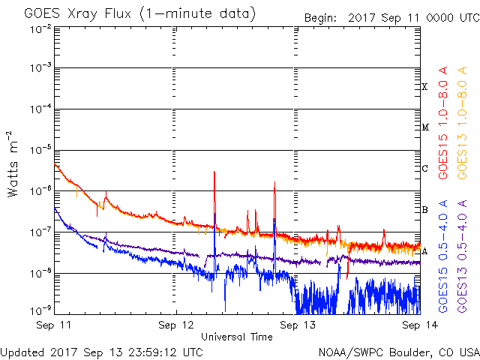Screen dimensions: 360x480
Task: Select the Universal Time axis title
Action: [236, 337]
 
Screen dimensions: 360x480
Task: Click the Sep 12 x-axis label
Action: [176, 325]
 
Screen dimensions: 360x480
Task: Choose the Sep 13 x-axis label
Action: [298, 325]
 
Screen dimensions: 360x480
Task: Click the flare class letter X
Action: [425, 87]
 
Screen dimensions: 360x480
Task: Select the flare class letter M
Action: [425, 127]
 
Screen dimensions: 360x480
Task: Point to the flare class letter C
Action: [425, 168]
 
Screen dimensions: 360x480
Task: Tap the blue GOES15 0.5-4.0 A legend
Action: [444, 256]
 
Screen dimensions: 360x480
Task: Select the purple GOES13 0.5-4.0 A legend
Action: [465, 256]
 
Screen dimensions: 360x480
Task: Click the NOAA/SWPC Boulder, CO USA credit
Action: [398, 351]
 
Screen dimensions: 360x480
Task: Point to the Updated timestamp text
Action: [102, 351]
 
